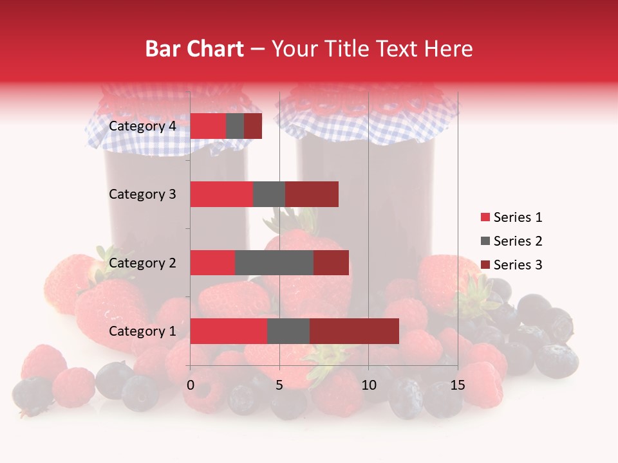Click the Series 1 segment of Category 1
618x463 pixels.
tap(229, 331)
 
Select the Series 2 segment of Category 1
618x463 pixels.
tap(288, 331)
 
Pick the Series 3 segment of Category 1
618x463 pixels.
tap(354, 331)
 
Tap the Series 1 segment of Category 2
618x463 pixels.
tap(212, 262)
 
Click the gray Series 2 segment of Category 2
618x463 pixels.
tap(274, 262)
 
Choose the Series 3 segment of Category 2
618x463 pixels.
tap(331, 262)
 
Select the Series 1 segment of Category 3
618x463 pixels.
tap(221, 194)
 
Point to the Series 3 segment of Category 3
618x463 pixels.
tap(312, 194)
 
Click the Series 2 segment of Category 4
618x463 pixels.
tap(235, 126)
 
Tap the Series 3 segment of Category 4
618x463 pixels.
tap(253, 126)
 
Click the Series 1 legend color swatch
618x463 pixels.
tap(485, 217)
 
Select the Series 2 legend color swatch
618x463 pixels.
tap(485, 241)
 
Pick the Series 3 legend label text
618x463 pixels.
tap(518, 265)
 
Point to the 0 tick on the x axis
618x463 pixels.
tap(191, 385)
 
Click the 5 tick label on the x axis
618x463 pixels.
tap(279, 385)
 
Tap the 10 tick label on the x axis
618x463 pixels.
tap(368, 385)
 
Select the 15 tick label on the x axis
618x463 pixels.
tap(457, 385)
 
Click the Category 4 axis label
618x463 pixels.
tap(142, 126)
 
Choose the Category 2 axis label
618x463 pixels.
tap(142, 262)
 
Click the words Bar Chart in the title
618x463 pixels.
tap(194, 49)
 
